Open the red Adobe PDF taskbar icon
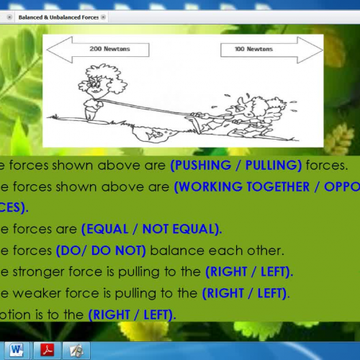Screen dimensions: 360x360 coord(47,350)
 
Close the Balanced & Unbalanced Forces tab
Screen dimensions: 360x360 coord(104,16)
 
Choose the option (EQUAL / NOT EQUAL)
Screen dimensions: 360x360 coord(151,229)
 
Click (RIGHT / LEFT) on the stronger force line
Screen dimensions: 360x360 coord(248,272)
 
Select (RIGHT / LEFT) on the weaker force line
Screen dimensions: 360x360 coord(245,293)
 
